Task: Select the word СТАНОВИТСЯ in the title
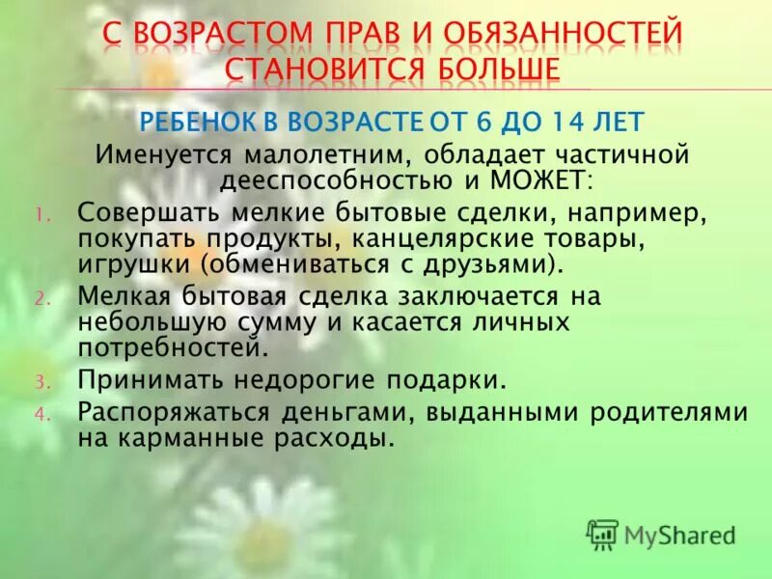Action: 320,70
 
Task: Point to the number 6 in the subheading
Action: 509,123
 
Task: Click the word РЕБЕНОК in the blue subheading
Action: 199,123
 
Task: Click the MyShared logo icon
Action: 602,534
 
